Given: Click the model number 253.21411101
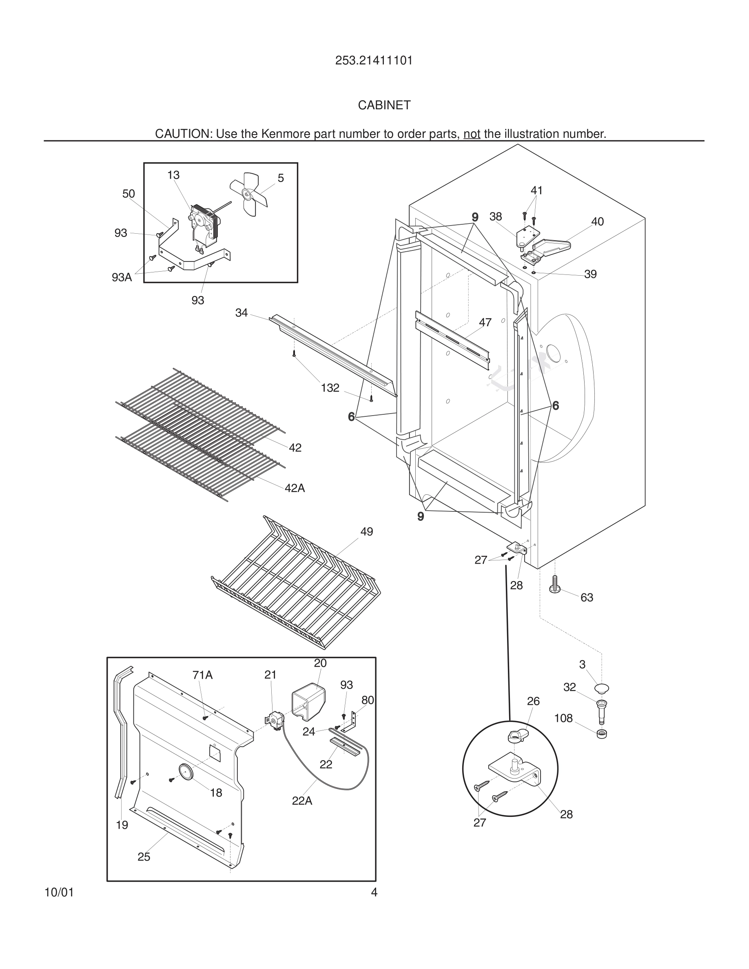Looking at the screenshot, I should [x=374, y=60].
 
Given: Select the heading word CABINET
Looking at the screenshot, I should [x=384, y=105].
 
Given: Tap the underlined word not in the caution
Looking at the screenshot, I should [x=472, y=133].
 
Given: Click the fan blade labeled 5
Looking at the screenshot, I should [x=249, y=193].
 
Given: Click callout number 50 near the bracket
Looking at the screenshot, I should [x=129, y=194].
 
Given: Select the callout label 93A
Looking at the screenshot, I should [x=122, y=278].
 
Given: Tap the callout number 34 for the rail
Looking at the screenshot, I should [x=242, y=313].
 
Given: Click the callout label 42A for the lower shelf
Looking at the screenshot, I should [x=295, y=488].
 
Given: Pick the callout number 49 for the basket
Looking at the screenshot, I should [x=366, y=531].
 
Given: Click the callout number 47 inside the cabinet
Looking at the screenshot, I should [x=485, y=323].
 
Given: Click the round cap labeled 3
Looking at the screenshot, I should [x=602, y=688].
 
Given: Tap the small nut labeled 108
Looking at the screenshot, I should [x=602, y=734].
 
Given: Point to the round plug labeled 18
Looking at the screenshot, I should [x=186, y=771].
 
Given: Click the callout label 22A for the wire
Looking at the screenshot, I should [x=302, y=801].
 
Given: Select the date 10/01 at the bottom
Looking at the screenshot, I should [x=59, y=892].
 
